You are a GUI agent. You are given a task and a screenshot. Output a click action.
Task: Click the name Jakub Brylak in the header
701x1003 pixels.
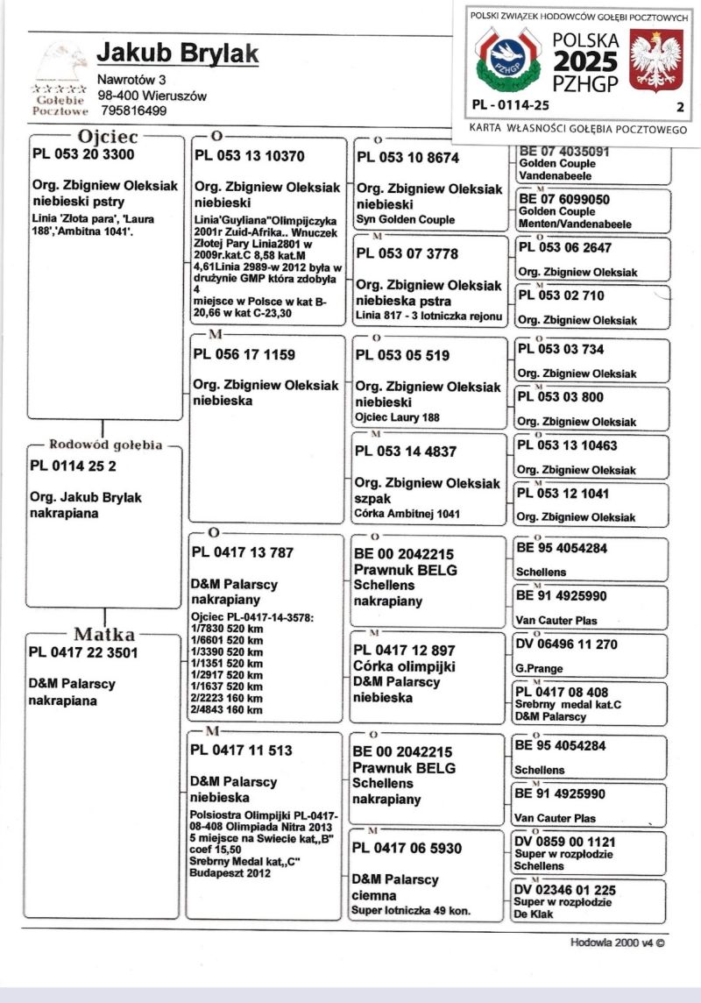(x=177, y=53)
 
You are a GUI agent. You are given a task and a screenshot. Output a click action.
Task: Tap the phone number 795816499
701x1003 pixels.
(x=134, y=110)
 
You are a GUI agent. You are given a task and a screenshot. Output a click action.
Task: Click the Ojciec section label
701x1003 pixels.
(x=109, y=136)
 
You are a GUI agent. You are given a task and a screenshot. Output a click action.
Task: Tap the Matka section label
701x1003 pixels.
(x=103, y=634)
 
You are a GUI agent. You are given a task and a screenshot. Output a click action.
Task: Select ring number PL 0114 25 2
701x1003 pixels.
(x=74, y=466)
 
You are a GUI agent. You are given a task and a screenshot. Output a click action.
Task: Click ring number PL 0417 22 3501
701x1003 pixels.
(x=84, y=652)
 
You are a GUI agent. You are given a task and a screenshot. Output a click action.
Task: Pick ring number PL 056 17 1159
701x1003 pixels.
(x=244, y=355)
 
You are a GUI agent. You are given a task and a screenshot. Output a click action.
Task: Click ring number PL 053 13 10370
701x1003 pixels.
(x=248, y=157)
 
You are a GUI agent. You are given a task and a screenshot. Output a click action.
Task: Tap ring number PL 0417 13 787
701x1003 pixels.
(x=242, y=552)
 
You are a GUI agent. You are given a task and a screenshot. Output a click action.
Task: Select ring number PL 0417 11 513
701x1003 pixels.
(x=242, y=750)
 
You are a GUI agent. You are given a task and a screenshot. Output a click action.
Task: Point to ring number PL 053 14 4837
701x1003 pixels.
(x=405, y=452)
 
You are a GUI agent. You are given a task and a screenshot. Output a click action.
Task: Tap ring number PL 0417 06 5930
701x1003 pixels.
(x=407, y=848)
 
